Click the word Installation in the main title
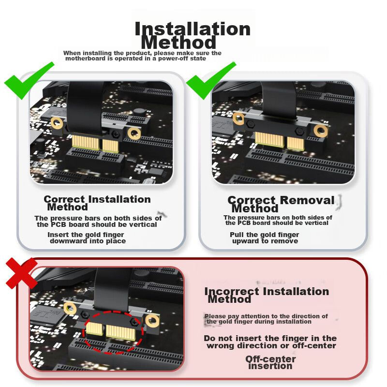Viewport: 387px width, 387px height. coord(193,29)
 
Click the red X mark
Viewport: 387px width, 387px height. coord(22,273)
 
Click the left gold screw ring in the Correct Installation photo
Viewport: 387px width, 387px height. coord(57,122)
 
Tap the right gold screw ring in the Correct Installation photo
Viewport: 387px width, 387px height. coord(134,134)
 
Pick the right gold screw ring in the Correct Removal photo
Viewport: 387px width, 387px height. coord(321,131)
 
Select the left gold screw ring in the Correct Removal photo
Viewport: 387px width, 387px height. coord(238,118)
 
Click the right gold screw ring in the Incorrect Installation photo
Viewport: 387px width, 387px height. coord(152,321)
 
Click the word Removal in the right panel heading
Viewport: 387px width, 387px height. coord(307,200)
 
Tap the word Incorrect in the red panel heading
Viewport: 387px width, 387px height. coord(232,292)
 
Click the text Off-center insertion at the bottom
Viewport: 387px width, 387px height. coord(270,362)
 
